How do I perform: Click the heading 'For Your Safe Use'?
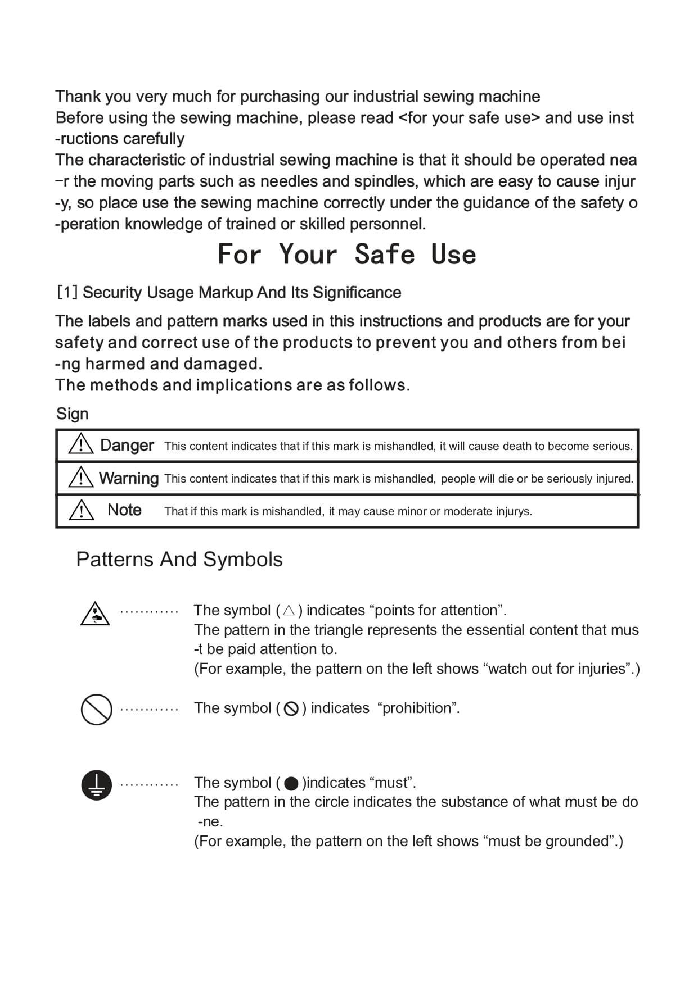pyautogui.click(x=346, y=254)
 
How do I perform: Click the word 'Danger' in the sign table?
pyautogui.click(x=127, y=446)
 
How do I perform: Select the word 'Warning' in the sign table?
pyautogui.click(x=129, y=478)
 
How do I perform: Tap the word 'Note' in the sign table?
pyautogui.click(x=124, y=510)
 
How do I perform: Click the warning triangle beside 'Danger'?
pyautogui.click(x=81, y=444)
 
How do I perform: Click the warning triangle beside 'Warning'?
pyautogui.click(x=81, y=477)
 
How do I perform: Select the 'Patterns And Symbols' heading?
pyautogui.click(x=179, y=560)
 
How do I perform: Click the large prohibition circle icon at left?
pyautogui.click(x=97, y=709)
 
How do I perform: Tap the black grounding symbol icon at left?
pyautogui.click(x=97, y=784)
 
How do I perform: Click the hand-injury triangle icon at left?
pyautogui.click(x=95, y=614)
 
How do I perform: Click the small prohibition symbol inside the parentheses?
pyautogui.click(x=291, y=708)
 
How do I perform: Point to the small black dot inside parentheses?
pyautogui.click(x=291, y=783)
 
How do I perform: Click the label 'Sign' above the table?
pyautogui.click(x=73, y=414)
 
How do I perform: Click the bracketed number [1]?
pyautogui.click(x=67, y=293)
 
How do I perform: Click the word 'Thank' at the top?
pyautogui.click(x=78, y=97)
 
